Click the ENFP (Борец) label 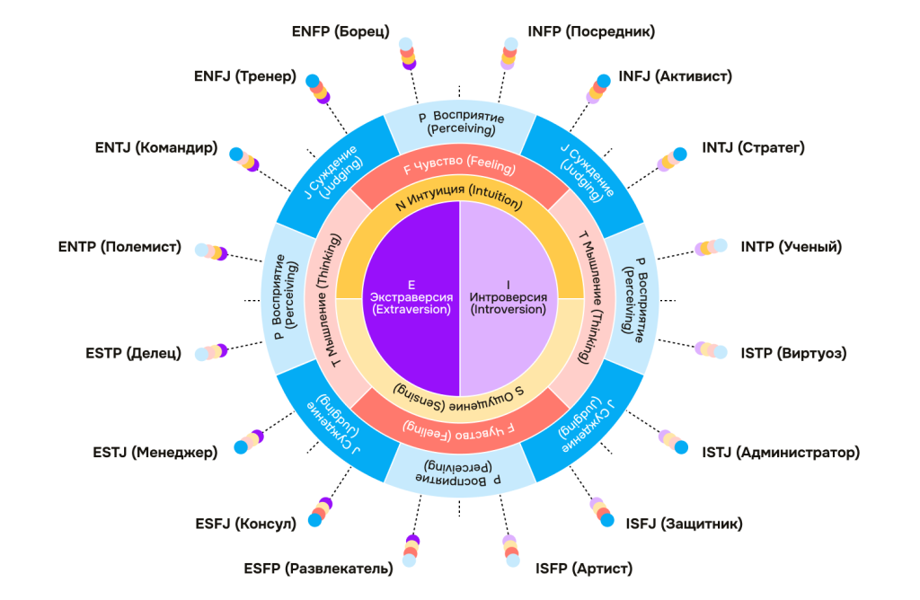tap(341, 31)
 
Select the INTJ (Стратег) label tap(753, 147)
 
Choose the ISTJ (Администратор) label tap(781, 452)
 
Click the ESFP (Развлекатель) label tap(318, 568)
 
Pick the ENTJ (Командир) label tap(155, 147)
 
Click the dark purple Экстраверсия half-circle tap(410, 296)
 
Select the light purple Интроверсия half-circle tap(509, 296)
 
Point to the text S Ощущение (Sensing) tap(459, 396)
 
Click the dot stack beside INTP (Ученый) tap(711, 247)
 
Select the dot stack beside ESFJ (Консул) tap(321, 512)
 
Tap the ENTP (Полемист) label tap(119, 246)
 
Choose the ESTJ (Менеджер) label tap(155, 452)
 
